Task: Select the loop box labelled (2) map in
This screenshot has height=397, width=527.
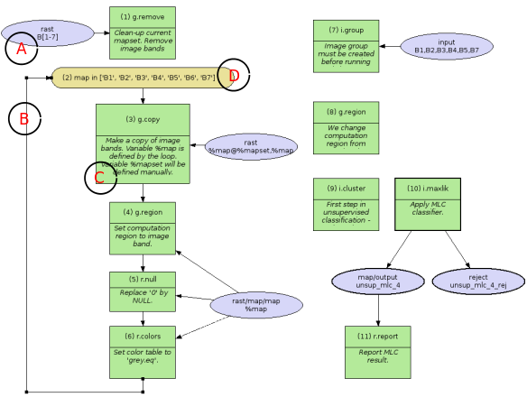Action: click(135, 78)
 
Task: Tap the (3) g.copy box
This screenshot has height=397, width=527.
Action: click(143, 143)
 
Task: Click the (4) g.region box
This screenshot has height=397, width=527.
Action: click(143, 225)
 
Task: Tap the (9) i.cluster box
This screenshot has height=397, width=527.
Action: click(346, 204)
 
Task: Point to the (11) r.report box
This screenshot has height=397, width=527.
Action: click(377, 347)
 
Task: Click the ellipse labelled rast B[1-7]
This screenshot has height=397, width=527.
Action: click(52, 33)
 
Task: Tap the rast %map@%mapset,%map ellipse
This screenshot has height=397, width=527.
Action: click(252, 146)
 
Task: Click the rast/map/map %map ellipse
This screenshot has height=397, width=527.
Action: click(257, 305)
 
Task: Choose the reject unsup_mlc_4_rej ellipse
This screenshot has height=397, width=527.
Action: click(476, 281)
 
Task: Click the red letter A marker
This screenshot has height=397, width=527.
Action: click(22, 51)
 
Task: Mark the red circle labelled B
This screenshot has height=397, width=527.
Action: click(24, 118)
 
